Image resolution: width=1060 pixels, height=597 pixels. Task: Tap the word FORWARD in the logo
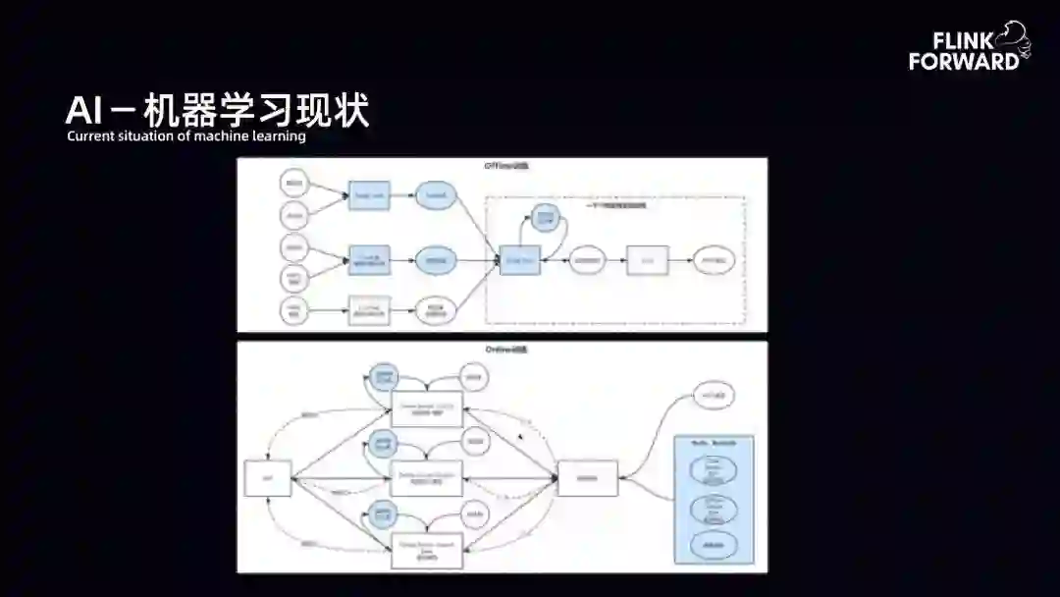point(963,62)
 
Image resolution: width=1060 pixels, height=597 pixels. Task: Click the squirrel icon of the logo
point(1012,38)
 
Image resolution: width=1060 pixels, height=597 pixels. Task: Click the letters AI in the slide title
point(84,111)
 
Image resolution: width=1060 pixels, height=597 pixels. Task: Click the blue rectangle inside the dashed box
point(520,260)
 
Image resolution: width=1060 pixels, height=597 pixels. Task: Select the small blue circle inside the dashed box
point(546,217)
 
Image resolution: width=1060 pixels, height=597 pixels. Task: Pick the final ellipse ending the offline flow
point(714,260)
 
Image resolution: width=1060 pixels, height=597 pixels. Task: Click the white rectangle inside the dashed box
point(648,260)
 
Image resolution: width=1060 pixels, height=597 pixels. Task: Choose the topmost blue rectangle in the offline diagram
point(369,196)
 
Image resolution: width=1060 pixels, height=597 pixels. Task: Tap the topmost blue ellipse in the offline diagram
point(436,196)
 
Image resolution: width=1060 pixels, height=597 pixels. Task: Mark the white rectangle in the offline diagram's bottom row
point(369,310)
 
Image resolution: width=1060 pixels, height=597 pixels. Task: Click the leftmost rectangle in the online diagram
point(267,478)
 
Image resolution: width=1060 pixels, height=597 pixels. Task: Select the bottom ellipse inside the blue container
point(714,543)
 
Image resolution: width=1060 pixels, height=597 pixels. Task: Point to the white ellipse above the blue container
point(714,395)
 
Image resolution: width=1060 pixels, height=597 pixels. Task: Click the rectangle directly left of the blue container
point(588,478)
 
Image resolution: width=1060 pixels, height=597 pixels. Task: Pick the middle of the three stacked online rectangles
point(427,478)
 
